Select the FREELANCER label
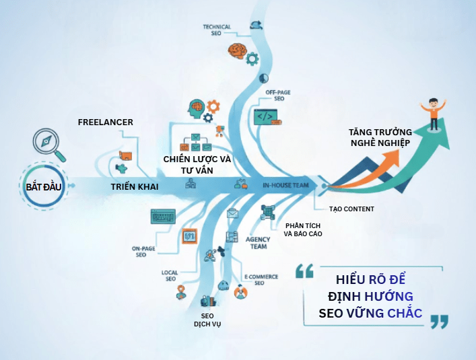pyautogui.click(x=106, y=122)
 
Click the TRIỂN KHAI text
pyautogui.click(x=135, y=186)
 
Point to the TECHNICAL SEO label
pyautogui.click(x=217, y=31)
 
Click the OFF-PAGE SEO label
pyautogui.click(x=275, y=95)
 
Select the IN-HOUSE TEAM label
pyautogui.click(x=285, y=185)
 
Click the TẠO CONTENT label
pyautogui.click(x=351, y=209)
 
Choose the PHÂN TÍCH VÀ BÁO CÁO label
pyautogui.click(x=303, y=229)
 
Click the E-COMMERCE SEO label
pyautogui.click(x=259, y=279)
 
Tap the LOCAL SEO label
pyautogui.click(x=170, y=276)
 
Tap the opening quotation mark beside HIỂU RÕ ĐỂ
pyautogui.click(x=304, y=271)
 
